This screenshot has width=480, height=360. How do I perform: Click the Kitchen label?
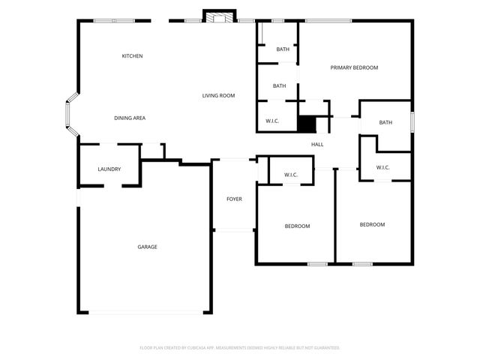[x=133, y=56]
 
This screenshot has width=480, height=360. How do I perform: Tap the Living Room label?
[x=218, y=95]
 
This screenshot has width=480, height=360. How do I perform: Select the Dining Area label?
[x=130, y=118]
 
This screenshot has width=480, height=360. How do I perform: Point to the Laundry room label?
[x=109, y=169]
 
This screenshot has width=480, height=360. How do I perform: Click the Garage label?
[x=147, y=247]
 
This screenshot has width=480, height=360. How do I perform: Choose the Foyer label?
[x=234, y=199]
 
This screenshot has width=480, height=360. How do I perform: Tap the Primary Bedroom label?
[x=354, y=67]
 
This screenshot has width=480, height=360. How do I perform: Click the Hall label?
[x=317, y=144]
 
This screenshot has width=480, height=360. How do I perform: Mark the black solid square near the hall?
[x=306, y=124]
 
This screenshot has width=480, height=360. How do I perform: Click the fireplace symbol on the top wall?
[x=220, y=18]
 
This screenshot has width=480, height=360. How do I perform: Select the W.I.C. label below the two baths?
[x=272, y=121]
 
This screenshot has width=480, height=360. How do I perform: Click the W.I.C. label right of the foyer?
[x=291, y=175]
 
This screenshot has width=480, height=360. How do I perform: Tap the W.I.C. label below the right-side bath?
[x=382, y=167]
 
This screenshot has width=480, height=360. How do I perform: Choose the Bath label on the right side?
[x=385, y=122]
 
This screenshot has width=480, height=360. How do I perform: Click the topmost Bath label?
[x=283, y=49]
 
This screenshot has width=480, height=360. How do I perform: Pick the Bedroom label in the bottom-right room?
[x=372, y=225]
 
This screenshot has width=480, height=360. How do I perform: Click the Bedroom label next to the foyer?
[x=297, y=226]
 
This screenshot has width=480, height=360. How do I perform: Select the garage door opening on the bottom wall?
[x=146, y=313]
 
